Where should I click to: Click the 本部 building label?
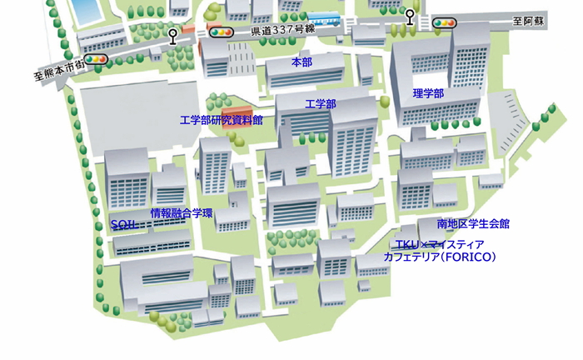click(x=301, y=62)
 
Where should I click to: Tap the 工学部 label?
click(x=321, y=104)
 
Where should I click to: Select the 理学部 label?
click(x=428, y=93)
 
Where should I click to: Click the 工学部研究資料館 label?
click(x=222, y=120)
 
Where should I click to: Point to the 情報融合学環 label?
click(x=182, y=213)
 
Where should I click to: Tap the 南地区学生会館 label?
click(x=473, y=223)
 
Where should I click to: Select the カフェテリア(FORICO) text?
click(x=439, y=257)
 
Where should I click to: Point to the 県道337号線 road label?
click(x=282, y=31)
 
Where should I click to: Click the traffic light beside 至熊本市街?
click(x=97, y=60)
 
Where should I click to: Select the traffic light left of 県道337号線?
click(x=221, y=32)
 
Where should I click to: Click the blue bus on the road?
click(x=324, y=17)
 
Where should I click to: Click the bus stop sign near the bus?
click(x=410, y=17)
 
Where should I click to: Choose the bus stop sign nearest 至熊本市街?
click(x=172, y=37)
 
